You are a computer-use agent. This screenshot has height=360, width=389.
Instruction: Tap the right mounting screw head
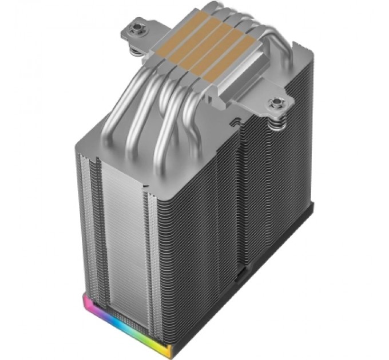coord(277,103)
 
